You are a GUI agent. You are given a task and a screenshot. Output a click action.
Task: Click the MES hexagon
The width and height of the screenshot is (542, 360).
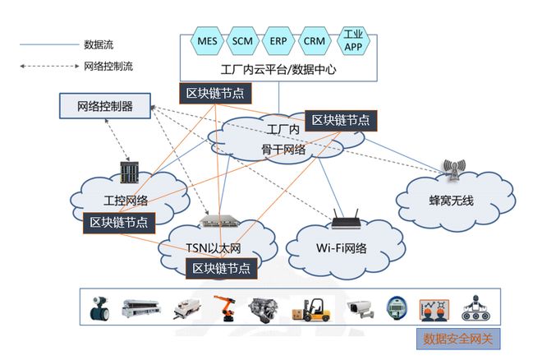(205, 40)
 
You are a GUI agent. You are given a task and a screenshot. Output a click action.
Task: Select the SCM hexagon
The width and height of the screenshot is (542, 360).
(241, 40)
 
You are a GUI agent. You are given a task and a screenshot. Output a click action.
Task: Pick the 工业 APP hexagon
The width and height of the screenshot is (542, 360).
(353, 40)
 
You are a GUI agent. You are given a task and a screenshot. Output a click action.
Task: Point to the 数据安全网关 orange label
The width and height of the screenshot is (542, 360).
(454, 338)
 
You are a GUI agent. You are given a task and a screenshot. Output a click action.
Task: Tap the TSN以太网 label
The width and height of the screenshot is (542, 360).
(212, 247)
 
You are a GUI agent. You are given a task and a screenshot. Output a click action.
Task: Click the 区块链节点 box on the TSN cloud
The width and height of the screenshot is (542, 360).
(220, 268)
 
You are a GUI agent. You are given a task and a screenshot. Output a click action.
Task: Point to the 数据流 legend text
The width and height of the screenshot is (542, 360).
(99, 44)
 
